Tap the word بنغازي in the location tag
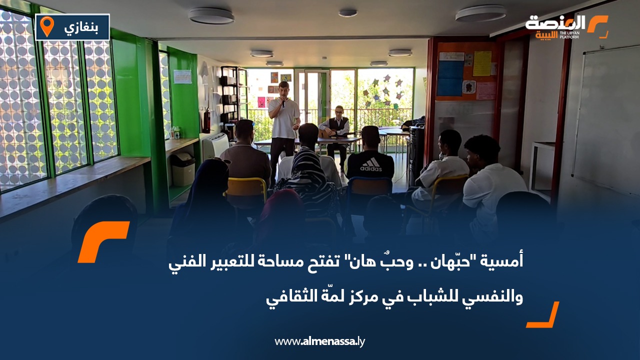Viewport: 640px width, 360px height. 81,27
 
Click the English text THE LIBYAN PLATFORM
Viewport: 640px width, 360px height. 569,35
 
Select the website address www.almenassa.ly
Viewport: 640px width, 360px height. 319,341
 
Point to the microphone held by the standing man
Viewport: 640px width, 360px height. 283,102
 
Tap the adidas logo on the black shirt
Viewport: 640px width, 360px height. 371,165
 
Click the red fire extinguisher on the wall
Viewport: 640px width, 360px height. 207,120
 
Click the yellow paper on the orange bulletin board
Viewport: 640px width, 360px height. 482,63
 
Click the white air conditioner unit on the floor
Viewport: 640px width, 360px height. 215,145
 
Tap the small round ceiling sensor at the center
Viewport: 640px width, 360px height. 347,13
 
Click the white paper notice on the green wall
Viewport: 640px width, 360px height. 183,76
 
